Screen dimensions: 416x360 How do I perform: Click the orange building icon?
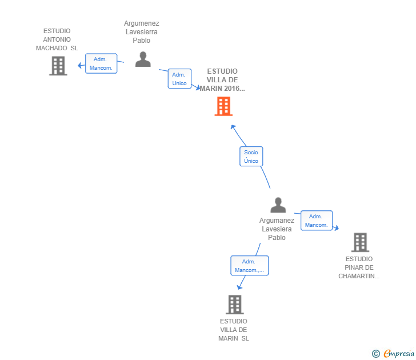click(x=223, y=106)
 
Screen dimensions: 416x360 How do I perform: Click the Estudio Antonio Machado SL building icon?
click(x=58, y=66)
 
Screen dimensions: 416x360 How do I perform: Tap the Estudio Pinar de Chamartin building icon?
click(x=359, y=242)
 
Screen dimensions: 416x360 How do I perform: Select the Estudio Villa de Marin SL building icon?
click(x=234, y=305)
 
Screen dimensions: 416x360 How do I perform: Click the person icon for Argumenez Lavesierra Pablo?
click(x=143, y=59)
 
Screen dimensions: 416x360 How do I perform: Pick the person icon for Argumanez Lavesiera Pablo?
click(x=278, y=205)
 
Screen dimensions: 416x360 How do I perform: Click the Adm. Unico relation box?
click(x=179, y=79)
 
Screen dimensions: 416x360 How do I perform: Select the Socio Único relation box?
click(x=251, y=157)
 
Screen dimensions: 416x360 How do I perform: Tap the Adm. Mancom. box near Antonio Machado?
click(x=101, y=63)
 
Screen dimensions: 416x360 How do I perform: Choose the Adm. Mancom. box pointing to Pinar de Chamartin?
click(x=316, y=221)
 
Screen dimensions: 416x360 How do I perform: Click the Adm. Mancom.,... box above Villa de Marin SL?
click(x=249, y=266)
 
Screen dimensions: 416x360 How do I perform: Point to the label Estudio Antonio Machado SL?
click(x=57, y=39)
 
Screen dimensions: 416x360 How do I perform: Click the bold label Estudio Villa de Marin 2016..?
click(x=222, y=80)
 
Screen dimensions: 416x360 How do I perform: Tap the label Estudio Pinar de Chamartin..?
click(x=359, y=267)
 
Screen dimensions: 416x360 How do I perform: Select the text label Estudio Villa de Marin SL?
click(x=234, y=330)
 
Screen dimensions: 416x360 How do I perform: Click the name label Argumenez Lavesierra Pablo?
click(x=142, y=32)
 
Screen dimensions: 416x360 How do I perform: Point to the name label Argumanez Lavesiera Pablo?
click(x=277, y=229)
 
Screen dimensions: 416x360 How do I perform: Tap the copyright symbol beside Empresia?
click(x=375, y=354)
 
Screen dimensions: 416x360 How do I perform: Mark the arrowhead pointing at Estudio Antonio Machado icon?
click(x=79, y=65)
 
